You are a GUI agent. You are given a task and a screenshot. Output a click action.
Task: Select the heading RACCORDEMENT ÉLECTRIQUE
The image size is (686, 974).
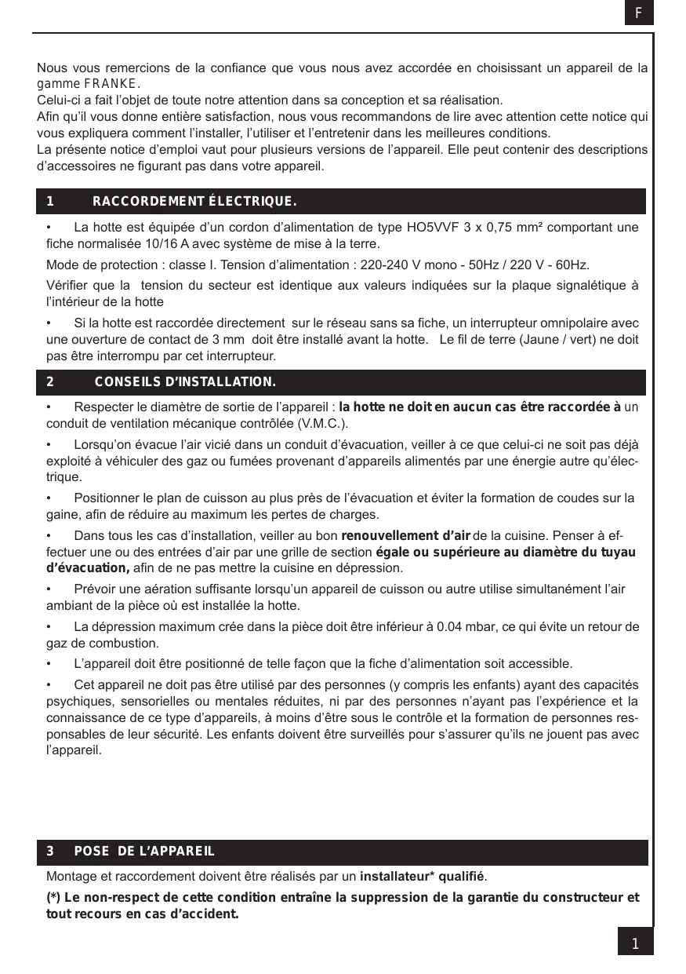click(194, 202)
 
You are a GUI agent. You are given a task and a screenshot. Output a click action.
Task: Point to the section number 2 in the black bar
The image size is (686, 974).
click(50, 382)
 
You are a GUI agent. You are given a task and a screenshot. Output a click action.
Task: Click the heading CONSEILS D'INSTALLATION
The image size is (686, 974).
click(185, 382)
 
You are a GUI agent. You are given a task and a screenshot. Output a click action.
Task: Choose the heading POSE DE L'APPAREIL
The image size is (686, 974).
click(144, 852)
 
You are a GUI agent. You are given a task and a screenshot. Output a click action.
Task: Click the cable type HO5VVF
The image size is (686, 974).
click(432, 228)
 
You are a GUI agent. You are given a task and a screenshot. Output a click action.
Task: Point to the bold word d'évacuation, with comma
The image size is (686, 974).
click(88, 567)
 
